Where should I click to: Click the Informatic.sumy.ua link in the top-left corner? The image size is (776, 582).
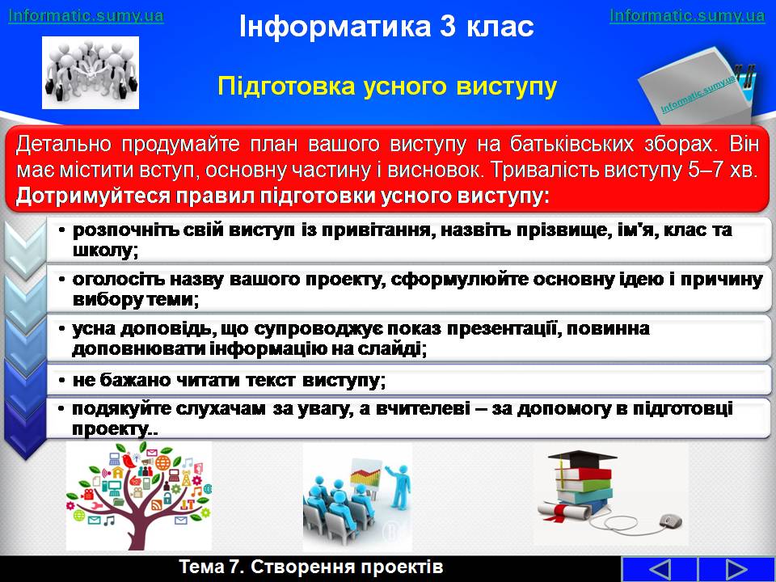pos(86,15)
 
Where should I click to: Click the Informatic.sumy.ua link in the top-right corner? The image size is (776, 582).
pos(687,15)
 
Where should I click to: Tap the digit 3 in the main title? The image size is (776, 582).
pos(447,26)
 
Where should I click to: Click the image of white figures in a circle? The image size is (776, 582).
pos(90,73)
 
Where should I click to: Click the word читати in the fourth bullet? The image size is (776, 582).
pos(197,380)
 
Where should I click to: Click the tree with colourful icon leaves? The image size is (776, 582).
pos(138,496)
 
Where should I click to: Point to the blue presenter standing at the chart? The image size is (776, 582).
pos(399,486)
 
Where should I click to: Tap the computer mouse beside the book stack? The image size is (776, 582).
pos(669,521)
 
